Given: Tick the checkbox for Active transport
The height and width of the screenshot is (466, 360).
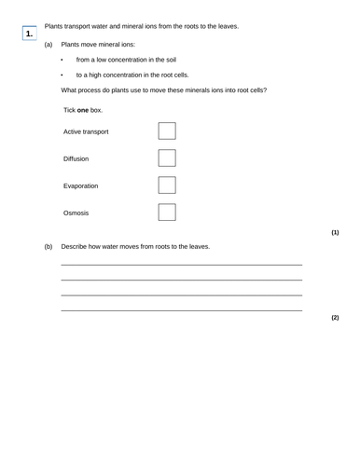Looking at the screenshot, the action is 167,131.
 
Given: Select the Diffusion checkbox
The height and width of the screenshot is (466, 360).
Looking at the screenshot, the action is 167,158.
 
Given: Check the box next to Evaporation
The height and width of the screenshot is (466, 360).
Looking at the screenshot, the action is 167,185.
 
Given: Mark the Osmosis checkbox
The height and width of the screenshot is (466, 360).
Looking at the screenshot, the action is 167,212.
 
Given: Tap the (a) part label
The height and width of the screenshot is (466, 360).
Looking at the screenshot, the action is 48,44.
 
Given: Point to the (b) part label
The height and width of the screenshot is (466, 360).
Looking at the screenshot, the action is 48,247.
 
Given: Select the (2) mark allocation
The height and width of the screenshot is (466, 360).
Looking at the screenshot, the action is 335,318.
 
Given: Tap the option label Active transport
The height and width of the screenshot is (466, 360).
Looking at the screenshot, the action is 86,132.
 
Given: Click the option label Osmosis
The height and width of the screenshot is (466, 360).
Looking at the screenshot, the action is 76,213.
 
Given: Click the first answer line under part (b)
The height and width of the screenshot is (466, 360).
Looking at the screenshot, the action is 181,266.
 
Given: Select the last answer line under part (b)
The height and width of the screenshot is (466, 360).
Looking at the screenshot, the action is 181,309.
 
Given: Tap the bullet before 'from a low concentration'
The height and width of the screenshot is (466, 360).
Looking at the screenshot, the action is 62,60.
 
